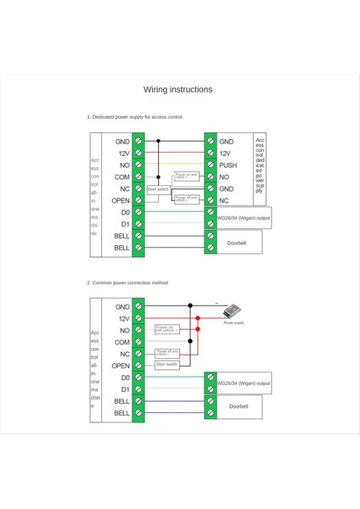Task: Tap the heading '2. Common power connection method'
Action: click(127, 282)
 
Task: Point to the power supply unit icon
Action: click(231, 311)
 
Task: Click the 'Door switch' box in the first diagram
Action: click(158, 189)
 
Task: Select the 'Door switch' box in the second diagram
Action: click(167, 364)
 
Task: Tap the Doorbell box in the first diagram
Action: click(234, 242)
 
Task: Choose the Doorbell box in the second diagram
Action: click(239, 406)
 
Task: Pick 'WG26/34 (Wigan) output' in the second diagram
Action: click(244, 383)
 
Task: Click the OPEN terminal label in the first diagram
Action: click(121, 200)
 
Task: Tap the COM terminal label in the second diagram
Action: click(122, 342)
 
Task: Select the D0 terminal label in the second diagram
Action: click(125, 378)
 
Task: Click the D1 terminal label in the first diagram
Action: click(125, 224)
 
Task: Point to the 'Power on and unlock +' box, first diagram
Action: click(185, 176)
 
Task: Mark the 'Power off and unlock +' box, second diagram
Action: click(167, 352)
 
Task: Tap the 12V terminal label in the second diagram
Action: click(124, 318)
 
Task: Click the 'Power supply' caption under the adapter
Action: click(233, 323)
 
